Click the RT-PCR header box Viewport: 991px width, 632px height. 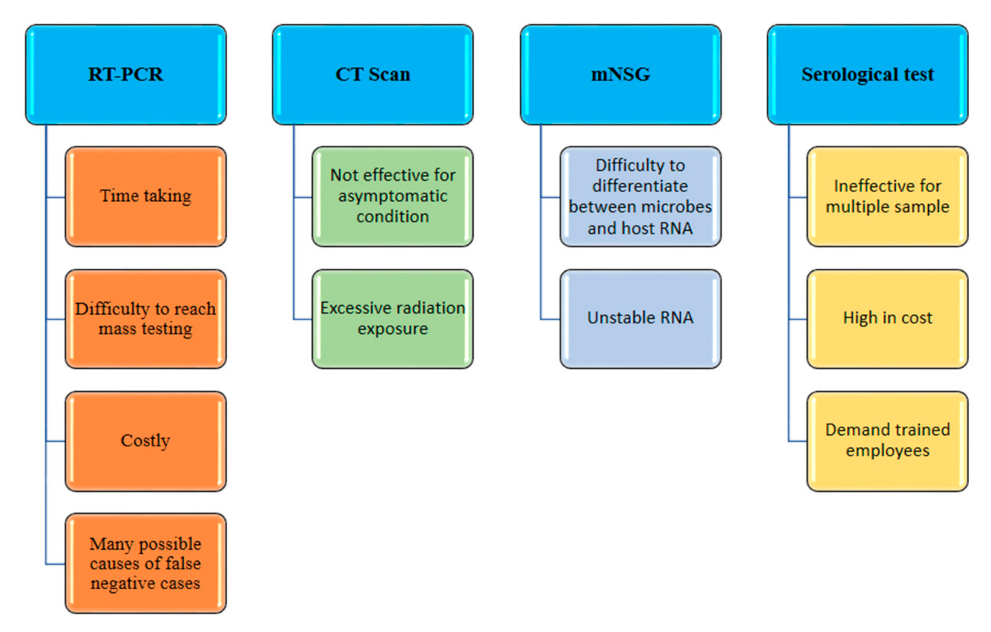tap(126, 74)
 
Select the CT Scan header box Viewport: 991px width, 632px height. tap(373, 74)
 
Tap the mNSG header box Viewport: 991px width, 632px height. tap(621, 74)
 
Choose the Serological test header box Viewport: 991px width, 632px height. tap(868, 74)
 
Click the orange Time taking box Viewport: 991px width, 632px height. tap(146, 197)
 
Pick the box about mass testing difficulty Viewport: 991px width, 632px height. tap(146, 319)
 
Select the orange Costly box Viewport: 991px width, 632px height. tap(146, 441)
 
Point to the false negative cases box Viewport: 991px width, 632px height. tap(146, 563)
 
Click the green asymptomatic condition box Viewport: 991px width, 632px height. tap(393, 197)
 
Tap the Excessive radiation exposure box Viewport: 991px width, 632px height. tap(393, 319)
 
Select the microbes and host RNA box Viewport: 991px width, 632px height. tap(641, 197)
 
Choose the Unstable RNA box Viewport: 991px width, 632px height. tap(641, 319)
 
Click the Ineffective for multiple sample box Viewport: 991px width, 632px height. tap(888, 197)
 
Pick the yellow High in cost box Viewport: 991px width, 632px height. tap(888, 319)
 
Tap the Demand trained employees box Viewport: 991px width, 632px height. tap(888, 441)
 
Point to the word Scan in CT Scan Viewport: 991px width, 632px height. tap(389, 74)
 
